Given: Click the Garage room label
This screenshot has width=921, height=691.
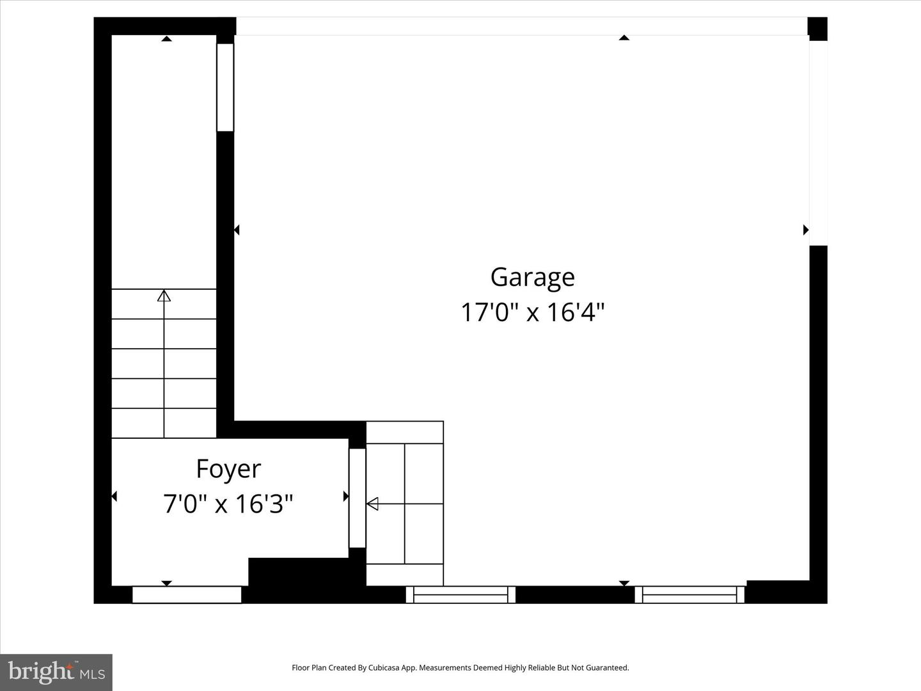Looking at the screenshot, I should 532,278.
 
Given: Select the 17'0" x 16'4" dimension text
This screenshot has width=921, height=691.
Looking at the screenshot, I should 532,312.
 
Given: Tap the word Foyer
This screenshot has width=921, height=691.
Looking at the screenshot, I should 228,469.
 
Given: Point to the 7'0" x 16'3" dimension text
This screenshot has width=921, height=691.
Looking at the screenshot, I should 228,504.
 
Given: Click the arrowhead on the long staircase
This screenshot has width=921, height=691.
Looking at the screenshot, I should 164,296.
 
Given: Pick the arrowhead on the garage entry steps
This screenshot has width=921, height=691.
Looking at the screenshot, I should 372,504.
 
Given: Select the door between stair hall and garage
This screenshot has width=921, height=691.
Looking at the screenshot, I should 225,87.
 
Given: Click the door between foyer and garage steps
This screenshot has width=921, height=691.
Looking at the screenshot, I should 357,498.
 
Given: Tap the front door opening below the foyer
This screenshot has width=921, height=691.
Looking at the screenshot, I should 187,594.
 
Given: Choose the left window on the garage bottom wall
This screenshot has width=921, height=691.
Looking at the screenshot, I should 460,594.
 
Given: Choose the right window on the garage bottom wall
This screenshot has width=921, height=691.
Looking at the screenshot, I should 689,594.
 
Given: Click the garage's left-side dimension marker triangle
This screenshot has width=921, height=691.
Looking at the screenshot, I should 237,230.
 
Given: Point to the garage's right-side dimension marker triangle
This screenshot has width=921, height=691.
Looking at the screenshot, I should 806,230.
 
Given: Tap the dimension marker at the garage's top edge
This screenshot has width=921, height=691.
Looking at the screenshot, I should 624,38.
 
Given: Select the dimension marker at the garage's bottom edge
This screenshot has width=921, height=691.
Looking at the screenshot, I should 624,583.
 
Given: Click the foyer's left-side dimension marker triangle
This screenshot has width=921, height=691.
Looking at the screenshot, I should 114,496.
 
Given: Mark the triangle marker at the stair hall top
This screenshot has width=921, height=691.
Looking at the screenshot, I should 166,39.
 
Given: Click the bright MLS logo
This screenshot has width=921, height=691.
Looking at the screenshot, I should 56,672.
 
